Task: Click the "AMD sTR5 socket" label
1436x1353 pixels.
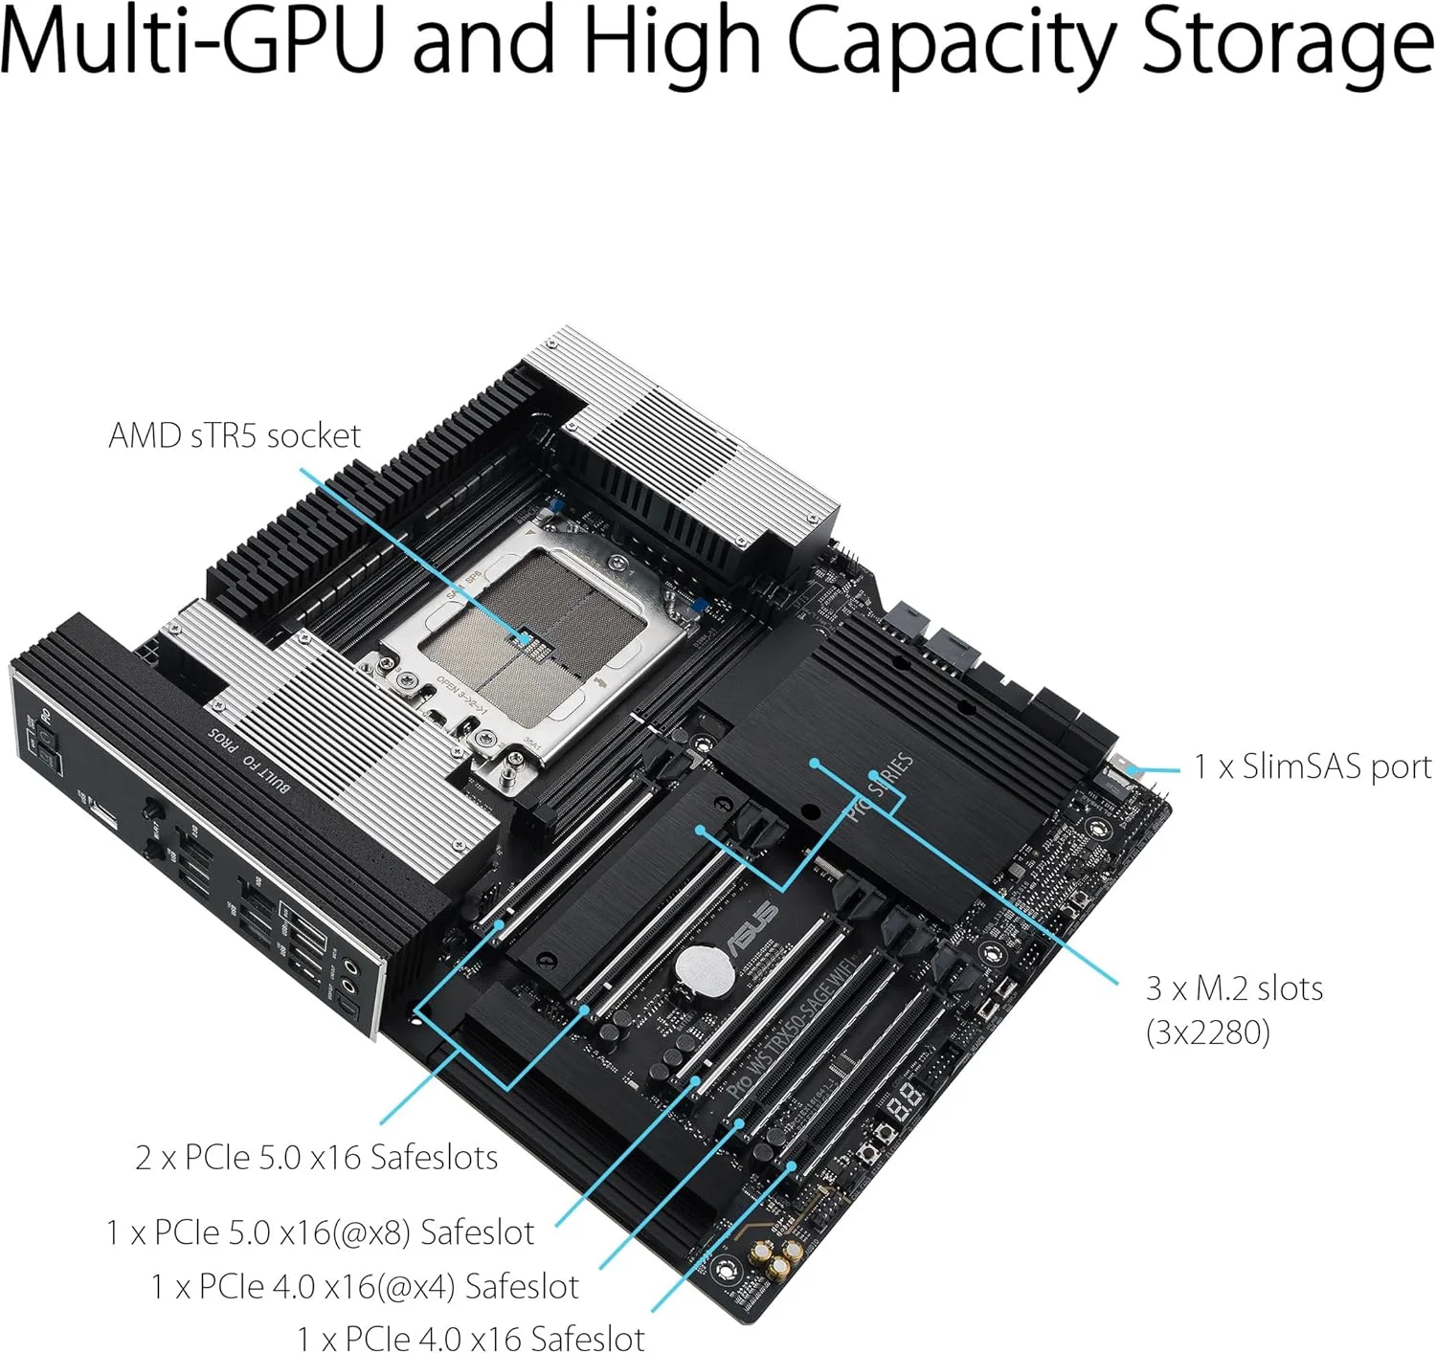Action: click(x=235, y=436)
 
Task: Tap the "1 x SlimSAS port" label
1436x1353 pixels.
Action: click(x=1312, y=767)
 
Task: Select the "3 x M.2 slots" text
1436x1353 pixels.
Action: click(x=1234, y=987)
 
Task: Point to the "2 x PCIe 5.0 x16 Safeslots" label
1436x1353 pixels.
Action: click(x=316, y=1158)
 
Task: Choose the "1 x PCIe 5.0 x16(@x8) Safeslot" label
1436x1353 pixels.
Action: click(x=320, y=1232)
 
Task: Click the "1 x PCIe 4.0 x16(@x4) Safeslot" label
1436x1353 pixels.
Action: click(x=364, y=1287)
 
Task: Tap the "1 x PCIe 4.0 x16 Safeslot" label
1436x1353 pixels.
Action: click(x=470, y=1338)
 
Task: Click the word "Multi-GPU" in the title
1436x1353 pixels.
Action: click(x=191, y=43)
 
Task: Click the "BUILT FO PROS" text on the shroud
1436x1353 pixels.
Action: click(x=249, y=760)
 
